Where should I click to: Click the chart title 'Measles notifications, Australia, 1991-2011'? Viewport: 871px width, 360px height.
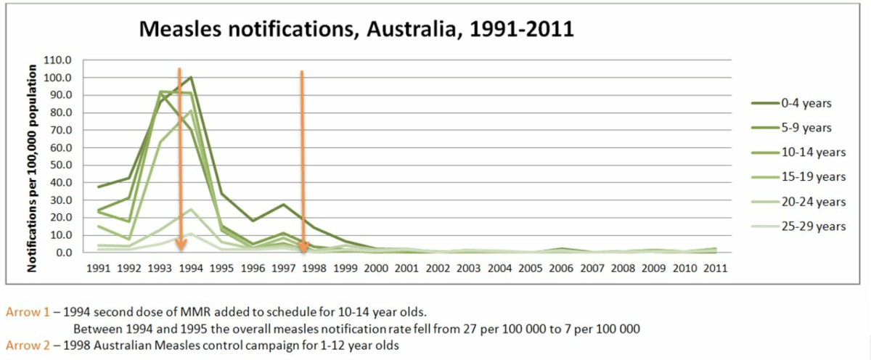(x=356, y=29)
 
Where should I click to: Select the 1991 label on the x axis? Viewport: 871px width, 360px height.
(x=99, y=268)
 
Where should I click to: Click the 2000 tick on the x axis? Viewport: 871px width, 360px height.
(x=376, y=268)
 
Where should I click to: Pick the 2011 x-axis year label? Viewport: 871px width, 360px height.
(x=716, y=268)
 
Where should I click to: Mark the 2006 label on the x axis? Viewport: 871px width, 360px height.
(x=561, y=268)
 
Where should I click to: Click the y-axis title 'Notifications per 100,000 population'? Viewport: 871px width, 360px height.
(x=33, y=168)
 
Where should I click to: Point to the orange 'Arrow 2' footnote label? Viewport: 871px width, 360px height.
(x=28, y=345)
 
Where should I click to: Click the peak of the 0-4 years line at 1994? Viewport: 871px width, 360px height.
(x=191, y=77)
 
